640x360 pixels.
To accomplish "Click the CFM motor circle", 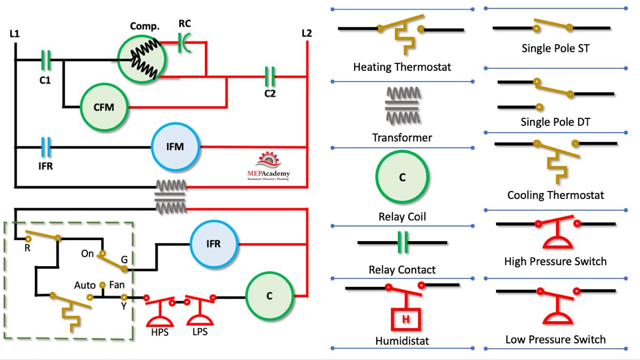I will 104,107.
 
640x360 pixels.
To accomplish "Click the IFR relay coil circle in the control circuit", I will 213,244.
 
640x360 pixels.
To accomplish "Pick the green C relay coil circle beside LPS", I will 269,296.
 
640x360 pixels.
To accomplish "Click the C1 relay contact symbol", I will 46,60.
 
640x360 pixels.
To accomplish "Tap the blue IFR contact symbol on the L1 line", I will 46,147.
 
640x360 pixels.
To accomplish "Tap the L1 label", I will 14,34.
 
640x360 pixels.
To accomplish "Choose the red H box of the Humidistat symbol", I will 406,319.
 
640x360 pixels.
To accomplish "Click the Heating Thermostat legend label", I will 402,67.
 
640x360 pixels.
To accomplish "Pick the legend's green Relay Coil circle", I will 403,178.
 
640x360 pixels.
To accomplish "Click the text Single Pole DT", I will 555,122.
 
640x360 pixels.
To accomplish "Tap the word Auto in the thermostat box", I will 84,285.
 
